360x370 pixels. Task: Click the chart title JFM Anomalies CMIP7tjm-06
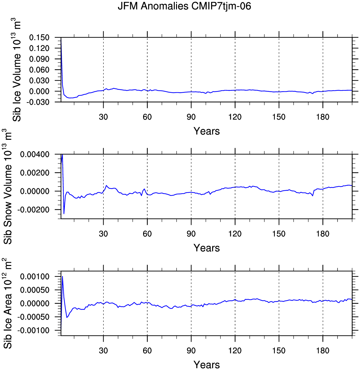coord(184,6)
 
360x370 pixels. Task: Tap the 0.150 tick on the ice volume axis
coord(39,38)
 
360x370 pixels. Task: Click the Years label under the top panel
coord(207,131)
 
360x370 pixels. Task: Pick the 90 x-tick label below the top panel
coord(191,117)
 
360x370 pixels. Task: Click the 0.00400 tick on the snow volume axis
coord(35,155)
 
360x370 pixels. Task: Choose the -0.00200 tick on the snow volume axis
coord(33,210)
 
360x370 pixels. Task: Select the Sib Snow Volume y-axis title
coord(8,186)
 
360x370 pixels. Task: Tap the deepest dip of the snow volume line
coord(64,214)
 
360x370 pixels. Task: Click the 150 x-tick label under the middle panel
coord(279,234)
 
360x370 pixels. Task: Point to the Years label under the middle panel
coord(207,248)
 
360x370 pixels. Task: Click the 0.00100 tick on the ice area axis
coord(35,276)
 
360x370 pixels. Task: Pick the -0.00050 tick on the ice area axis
coord(33,317)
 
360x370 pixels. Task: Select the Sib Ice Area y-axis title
coord(8,304)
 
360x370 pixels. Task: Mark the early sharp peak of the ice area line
coord(62,276)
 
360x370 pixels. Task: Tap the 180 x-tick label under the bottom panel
coord(323,350)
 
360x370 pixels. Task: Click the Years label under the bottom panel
coord(207,365)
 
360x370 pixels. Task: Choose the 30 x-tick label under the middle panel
coord(103,234)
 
